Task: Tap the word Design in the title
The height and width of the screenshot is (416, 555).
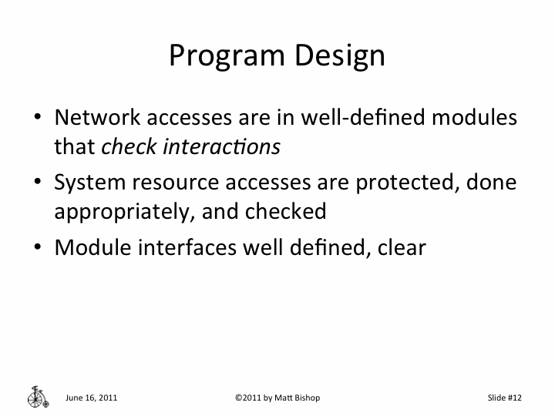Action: [343, 56]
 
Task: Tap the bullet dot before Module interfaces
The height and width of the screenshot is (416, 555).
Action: [38, 247]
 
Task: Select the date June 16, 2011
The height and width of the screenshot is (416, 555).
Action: [92, 398]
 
